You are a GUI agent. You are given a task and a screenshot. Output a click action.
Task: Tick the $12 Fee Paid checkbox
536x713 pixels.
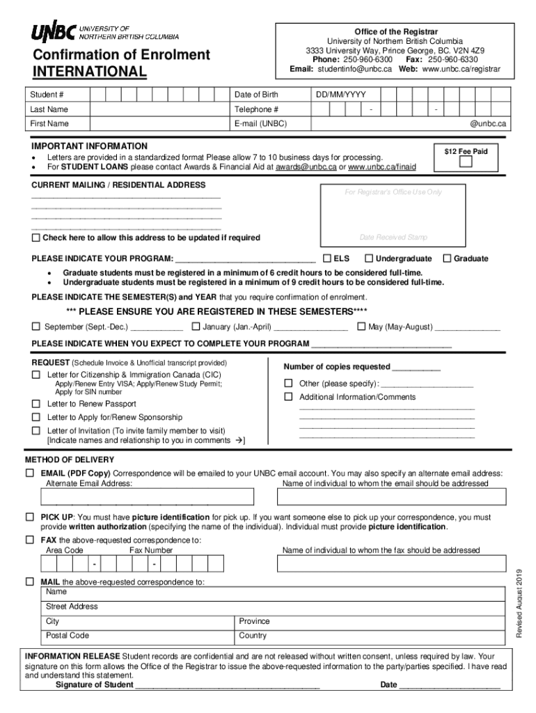pos(466,162)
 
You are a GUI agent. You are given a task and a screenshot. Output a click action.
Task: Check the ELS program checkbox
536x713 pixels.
pos(327,258)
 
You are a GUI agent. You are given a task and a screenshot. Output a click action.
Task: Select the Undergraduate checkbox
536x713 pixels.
pos(369,258)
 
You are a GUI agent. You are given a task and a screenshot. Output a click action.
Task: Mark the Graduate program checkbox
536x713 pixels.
pos(447,258)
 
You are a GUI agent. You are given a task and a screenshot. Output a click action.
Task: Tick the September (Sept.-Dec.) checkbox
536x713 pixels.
pos(36,327)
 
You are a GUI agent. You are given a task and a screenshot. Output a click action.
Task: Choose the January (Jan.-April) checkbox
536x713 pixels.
pos(196,327)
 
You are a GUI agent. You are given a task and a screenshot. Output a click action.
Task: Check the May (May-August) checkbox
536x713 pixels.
pos(362,327)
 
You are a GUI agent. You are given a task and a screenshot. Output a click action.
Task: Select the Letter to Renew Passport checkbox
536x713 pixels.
pos(36,404)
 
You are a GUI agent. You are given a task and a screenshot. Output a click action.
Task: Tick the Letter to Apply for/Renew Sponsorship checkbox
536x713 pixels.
pos(36,417)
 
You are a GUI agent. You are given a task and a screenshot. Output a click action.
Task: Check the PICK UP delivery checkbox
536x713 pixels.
pos(30,517)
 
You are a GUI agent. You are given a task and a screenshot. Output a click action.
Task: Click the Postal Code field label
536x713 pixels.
pos(68,635)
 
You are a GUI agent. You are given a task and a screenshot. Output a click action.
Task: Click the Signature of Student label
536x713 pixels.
pos(95,684)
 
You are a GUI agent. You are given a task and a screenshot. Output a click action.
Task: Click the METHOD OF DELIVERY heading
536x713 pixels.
pos(70,460)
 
